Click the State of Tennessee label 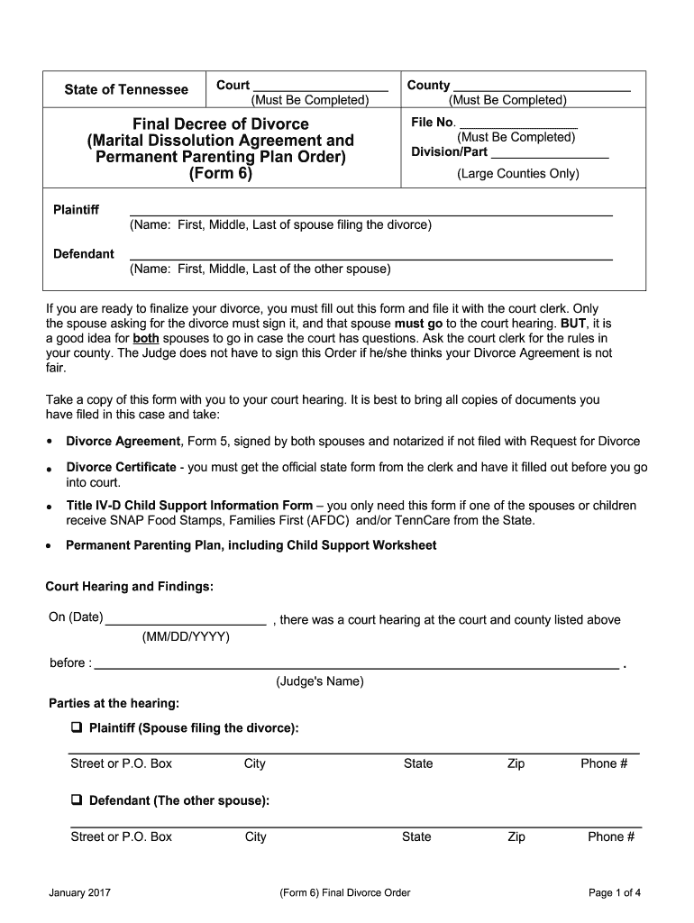(126, 89)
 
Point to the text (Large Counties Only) (517, 173)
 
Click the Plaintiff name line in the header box (371, 214)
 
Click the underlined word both (145, 339)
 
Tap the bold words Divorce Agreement (123, 441)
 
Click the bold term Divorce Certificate (122, 467)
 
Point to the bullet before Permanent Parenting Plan (48, 547)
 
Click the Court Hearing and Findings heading (130, 587)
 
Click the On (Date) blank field (187, 622)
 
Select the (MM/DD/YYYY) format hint (187, 637)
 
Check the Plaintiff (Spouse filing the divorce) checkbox (77, 727)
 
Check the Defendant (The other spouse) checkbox (77, 800)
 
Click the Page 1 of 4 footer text (614, 893)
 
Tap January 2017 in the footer (80, 893)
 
